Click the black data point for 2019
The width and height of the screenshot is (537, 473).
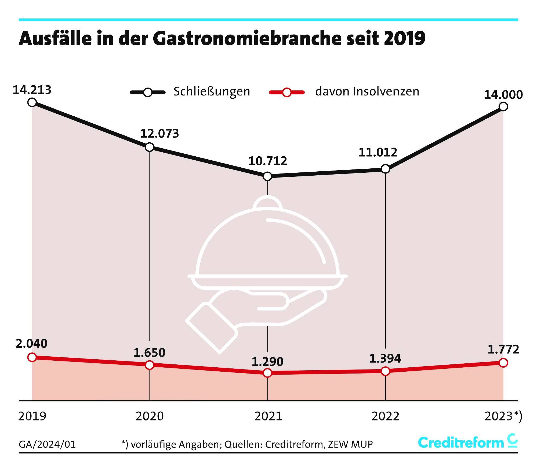click(x=32, y=102)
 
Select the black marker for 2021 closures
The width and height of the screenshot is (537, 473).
click(x=267, y=176)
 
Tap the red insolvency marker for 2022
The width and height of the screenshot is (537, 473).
click(x=385, y=371)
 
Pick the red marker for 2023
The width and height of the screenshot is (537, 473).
click(x=503, y=363)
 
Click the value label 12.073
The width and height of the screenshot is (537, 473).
click(x=159, y=134)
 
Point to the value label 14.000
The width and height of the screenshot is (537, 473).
click(x=503, y=95)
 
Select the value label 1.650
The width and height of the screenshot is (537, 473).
click(x=149, y=353)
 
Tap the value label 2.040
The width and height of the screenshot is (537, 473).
click(x=32, y=343)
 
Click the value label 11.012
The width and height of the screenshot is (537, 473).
click(x=378, y=152)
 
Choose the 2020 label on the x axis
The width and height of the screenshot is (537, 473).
click(x=150, y=416)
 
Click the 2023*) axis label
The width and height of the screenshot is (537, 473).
click(x=503, y=416)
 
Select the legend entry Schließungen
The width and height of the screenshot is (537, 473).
click(x=212, y=91)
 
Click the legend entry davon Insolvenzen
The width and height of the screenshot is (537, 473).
click(x=367, y=91)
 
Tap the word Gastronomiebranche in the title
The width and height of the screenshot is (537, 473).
click(x=247, y=38)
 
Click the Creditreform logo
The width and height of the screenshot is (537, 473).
click(x=467, y=442)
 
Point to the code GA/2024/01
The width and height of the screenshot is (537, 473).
click(x=47, y=444)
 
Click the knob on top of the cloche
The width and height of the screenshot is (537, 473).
click(x=267, y=202)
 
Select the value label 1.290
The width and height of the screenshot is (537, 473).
click(x=267, y=362)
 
